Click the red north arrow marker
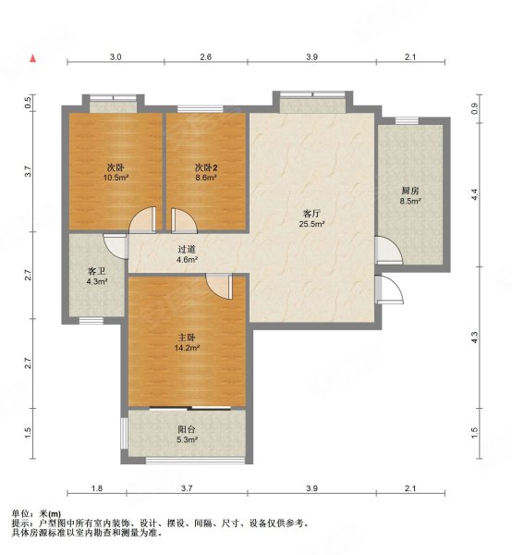click(33, 58)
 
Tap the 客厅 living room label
click(311, 214)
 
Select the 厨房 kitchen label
click(410, 191)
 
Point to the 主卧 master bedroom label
click(187, 338)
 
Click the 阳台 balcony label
click(187, 430)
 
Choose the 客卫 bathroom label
click(97, 271)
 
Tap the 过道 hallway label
click(187, 250)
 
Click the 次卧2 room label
click(206, 167)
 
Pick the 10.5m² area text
click(116, 178)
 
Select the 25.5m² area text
click(311, 224)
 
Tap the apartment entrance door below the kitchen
click(389, 290)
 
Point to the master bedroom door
click(220, 287)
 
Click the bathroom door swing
click(115, 246)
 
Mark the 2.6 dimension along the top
click(206, 57)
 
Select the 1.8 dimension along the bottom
click(97, 488)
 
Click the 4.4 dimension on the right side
click(474, 194)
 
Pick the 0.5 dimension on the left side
click(29, 103)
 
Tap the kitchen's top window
click(407, 120)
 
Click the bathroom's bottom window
click(91, 321)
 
